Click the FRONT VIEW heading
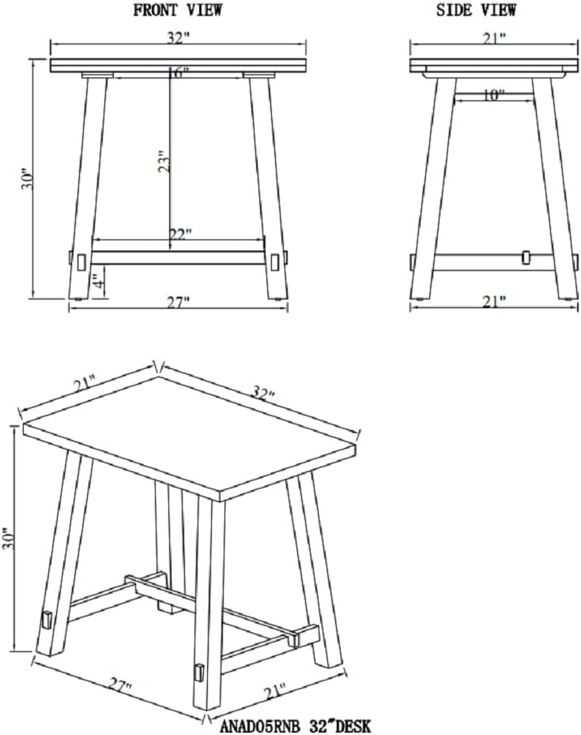(x=178, y=10)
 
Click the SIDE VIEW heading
(x=476, y=10)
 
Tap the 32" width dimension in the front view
(x=178, y=39)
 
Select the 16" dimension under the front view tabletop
(x=178, y=73)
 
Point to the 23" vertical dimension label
(x=164, y=162)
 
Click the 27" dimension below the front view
(x=179, y=303)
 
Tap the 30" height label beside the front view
(x=28, y=179)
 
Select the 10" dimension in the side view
(x=492, y=96)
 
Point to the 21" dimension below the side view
(x=495, y=302)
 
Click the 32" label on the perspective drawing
(x=262, y=392)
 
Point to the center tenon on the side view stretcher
(x=526, y=257)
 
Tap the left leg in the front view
(x=89, y=187)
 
